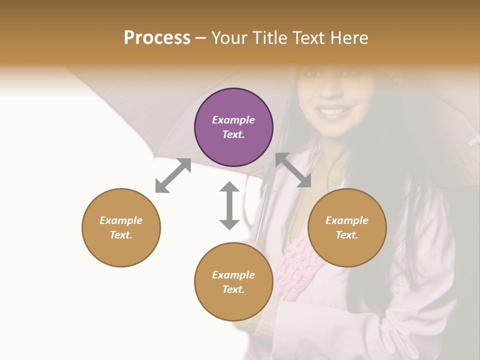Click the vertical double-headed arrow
(229, 205)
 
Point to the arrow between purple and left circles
(173, 175)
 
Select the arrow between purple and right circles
(293, 170)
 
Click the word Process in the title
(157, 38)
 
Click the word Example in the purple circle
(233, 120)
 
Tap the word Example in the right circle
(347, 220)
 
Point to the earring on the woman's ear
(301, 105)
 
